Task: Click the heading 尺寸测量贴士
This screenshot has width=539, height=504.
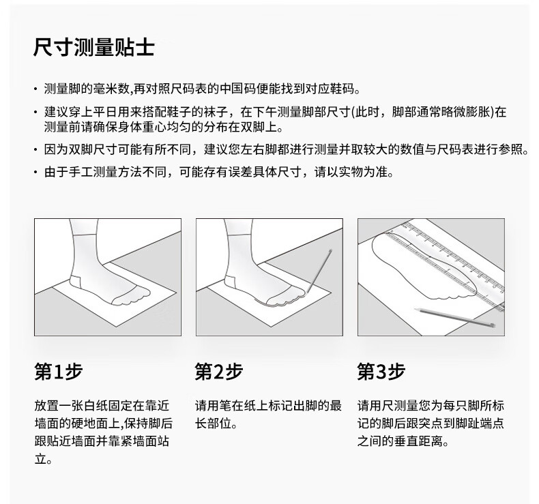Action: (94, 47)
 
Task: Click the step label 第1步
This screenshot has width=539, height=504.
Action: (59, 371)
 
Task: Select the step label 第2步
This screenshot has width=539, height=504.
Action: (219, 371)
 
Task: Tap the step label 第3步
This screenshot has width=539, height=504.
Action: (381, 371)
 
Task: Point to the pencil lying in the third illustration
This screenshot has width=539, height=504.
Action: (455, 317)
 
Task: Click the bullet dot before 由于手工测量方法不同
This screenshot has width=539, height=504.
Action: (35, 172)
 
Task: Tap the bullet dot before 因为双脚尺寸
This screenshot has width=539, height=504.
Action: (35, 149)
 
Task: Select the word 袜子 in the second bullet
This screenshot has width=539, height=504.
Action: (216, 112)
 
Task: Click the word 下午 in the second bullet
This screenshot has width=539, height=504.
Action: (265, 112)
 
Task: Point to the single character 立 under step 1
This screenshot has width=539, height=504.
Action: (40, 459)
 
